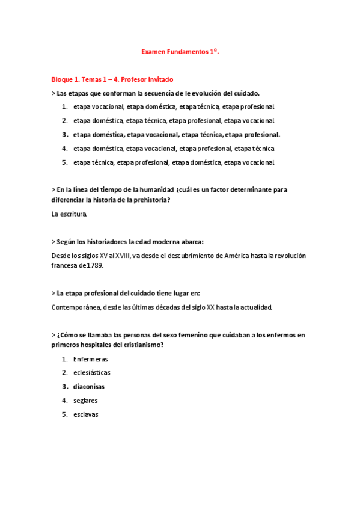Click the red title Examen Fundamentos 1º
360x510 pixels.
click(180, 52)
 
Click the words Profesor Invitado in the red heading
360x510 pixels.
click(148, 79)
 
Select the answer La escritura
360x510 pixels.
click(70, 214)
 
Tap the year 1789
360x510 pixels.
click(99, 265)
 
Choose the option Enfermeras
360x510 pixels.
click(90, 358)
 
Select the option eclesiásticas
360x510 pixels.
click(91, 372)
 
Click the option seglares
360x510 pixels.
click(85, 400)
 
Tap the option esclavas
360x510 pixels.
click(86, 414)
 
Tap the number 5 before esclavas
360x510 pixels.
click(64, 414)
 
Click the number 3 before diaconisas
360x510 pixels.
click(64, 386)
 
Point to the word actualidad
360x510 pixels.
click(255, 307)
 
